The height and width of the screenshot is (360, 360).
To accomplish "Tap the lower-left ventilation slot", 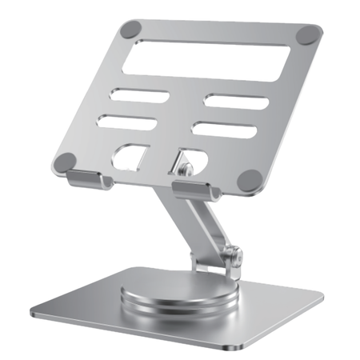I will click(125, 121).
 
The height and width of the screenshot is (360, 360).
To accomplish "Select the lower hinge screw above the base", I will click(234, 257).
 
